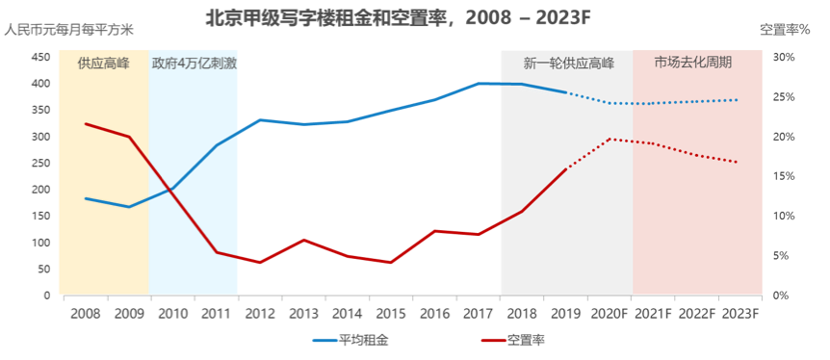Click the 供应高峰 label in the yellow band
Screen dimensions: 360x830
click(x=104, y=64)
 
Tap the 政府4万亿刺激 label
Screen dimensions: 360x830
click(x=195, y=64)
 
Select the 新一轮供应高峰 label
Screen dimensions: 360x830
click(x=568, y=64)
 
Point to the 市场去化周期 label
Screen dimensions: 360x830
click(x=693, y=63)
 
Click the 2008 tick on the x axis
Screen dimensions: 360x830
click(x=85, y=313)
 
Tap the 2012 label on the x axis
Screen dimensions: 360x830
click(x=260, y=313)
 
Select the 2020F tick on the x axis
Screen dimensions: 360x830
click(x=610, y=313)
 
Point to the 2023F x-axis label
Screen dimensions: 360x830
click(x=740, y=313)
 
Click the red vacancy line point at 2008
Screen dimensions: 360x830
click(x=86, y=123)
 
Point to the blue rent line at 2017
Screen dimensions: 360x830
click(x=479, y=84)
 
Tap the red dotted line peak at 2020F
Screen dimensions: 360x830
click(x=610, y=139)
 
